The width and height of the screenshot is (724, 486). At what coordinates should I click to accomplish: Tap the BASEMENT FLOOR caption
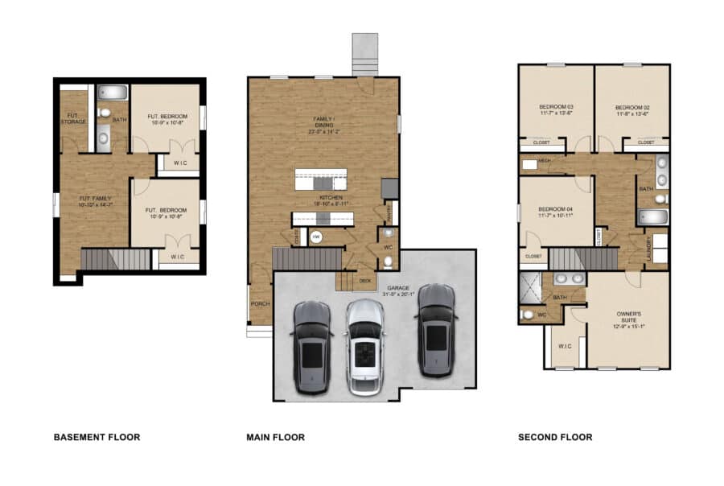click(97, 438)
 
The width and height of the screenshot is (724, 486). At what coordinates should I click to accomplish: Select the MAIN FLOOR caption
click(275, 438)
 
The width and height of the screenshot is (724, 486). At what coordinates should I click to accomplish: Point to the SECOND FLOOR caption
click(555, 438)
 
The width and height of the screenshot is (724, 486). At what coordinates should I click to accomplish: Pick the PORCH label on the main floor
click(259, 304)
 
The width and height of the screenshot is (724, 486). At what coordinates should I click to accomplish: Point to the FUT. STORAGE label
click(72, 119)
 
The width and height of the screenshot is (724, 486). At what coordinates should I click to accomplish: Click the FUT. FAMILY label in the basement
click(94, 200)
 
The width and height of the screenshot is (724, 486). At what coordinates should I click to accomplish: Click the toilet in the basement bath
click(102, 115)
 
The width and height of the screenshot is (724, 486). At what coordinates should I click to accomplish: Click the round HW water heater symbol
click(316, 237)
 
